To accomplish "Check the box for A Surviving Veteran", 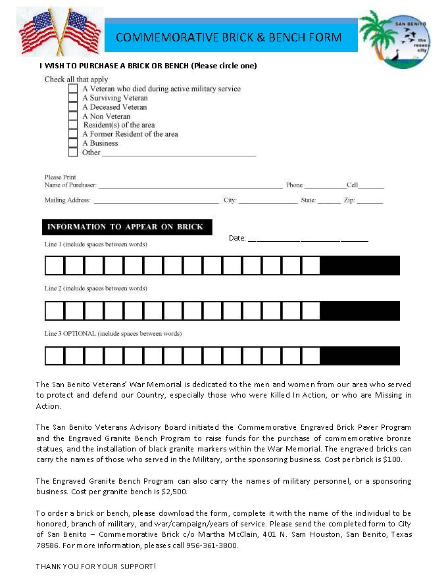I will [x=73, y=98].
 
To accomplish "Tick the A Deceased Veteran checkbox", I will [x=73, y=107].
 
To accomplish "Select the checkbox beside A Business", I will [x=73, y=143].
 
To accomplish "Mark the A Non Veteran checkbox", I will [x=73, y=116].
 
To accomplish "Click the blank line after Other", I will [x=178, y=154].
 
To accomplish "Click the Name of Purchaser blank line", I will [x=190, y=187].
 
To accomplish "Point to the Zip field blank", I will [x=370, y=202].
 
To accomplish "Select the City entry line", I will [x=268, y=202].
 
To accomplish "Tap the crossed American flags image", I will [x=59, y=31].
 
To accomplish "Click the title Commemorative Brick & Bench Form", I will [x=229, y=37].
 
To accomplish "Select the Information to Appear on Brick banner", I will [x=127, y=227].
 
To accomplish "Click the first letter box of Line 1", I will [x=55, y=266].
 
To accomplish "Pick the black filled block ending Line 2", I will [x=360, y=310].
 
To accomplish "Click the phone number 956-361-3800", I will [x=214, y=545].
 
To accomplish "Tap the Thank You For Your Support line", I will [x=96, y=566].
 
